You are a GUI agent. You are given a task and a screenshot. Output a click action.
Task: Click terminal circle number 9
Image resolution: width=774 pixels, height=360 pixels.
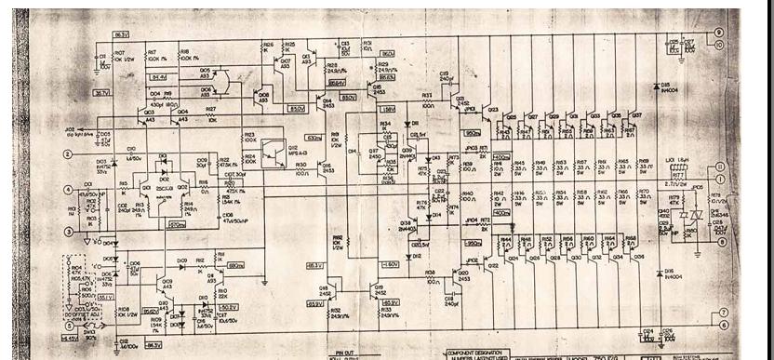[719, 32]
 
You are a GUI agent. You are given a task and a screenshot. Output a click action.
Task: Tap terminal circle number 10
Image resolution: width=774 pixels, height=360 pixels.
[719, 44]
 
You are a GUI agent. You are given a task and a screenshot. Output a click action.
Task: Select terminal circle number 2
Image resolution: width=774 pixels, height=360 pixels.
[67, 154]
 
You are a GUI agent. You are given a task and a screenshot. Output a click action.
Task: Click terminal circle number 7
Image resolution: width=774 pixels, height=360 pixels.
[723, 313]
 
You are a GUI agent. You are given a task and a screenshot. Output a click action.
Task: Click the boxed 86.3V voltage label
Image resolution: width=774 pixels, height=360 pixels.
[120, 34]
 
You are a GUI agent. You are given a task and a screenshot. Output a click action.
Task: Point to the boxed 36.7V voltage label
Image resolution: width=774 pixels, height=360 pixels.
[101, 92]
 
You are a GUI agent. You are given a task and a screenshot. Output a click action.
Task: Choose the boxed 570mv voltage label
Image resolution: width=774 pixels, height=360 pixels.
[173, 225]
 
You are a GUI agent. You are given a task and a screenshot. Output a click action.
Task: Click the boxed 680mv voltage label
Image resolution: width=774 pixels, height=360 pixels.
[234, 266]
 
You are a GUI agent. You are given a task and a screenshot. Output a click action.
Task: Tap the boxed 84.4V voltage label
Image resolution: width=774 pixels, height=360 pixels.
[159, 76]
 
